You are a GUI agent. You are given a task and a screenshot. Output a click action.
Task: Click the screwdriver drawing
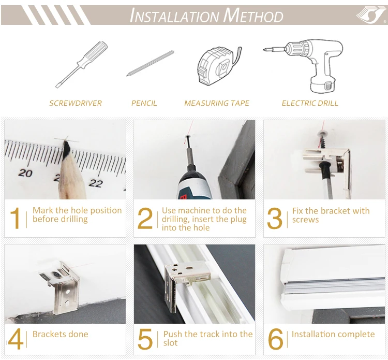point(82,64)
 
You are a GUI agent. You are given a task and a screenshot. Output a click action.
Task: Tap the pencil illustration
point(150,63)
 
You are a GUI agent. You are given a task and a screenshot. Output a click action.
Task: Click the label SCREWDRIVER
point(76,103)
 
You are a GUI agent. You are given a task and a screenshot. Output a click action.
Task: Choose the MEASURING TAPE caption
point(217,103)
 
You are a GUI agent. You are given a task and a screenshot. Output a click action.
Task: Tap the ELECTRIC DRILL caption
point(310,103)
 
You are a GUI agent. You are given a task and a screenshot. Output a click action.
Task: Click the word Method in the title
point(253,16)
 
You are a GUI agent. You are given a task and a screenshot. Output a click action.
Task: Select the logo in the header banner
point(371,15)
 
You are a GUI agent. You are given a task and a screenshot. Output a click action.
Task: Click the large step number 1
point(15,218)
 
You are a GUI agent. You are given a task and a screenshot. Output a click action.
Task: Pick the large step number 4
point(16,339)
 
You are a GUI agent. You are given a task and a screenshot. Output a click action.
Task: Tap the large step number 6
point(275,339)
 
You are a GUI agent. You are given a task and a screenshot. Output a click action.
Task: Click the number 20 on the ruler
point(25,173)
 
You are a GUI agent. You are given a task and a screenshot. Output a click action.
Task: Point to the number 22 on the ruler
point(96,183)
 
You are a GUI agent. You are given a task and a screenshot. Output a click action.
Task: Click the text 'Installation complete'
point(333,334)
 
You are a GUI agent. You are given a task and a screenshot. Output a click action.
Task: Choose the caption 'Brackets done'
point(61,334)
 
